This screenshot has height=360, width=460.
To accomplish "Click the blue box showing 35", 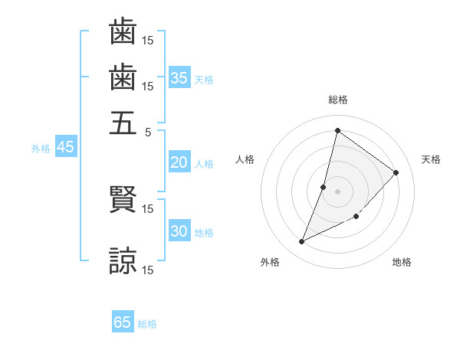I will (x=179, y=78).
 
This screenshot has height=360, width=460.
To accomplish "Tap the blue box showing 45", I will (x=65, y=147).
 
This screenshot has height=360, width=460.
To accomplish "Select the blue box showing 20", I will (x=179, y=162).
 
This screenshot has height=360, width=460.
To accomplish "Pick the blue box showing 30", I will (x=179, y=232).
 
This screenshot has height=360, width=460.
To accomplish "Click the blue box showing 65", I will (x=123, y=322).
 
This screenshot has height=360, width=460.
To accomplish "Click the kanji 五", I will (x=123, y=123).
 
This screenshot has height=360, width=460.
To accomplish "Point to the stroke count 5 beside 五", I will (x=148, y=131).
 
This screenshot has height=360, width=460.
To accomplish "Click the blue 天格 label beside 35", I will (x=204, y=80).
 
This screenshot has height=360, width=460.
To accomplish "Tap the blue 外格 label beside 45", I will (x=41, y=149).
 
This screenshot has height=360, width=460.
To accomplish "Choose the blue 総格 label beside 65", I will (x=147, y=324).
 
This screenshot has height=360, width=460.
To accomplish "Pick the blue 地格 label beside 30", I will (x=204, y=233).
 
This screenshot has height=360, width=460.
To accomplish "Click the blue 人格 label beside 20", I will (x=204, y=164).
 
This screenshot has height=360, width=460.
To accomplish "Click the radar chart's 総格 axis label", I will (x=338, y=100).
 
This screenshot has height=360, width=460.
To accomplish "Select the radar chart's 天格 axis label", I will (x=431, y=159).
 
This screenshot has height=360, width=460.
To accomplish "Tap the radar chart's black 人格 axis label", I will (x=245, y=159).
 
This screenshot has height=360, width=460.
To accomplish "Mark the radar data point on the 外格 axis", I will (x=302, y=242).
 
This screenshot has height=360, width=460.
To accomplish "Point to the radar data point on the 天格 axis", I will (x=396, y=172).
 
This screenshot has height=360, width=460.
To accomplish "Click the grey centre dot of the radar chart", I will (x=338, y=191).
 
